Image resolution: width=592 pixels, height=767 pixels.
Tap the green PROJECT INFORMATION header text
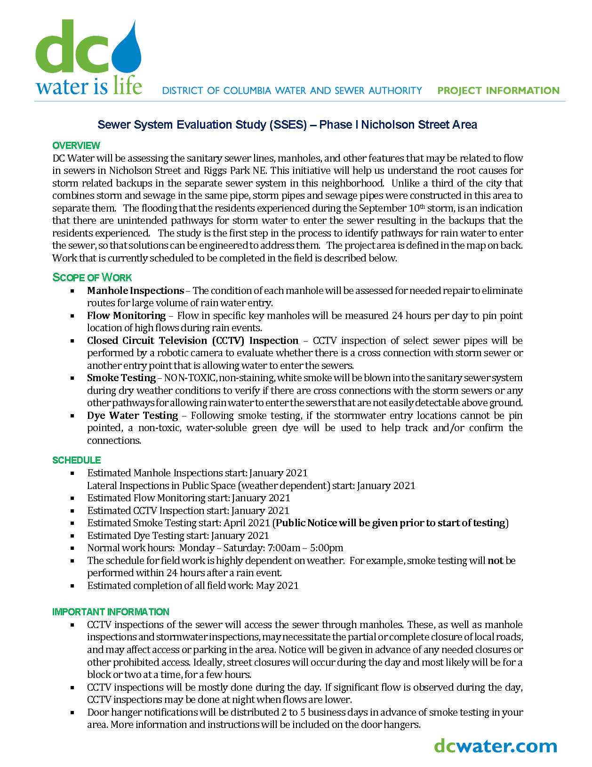tap(498, 90)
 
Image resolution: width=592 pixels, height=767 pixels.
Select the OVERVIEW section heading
tap(76, 146)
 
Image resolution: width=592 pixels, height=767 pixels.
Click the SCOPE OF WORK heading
tap(92, 277)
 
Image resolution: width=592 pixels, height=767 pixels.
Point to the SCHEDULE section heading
tap(77, 460)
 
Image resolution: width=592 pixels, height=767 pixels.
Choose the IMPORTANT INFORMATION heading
tap(111, 612)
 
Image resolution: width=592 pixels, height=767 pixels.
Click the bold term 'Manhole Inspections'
tap(136, 291)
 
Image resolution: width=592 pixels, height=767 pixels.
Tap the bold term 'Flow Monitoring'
tap(126, 316)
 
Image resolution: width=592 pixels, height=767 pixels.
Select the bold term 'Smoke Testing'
tap(121, 378)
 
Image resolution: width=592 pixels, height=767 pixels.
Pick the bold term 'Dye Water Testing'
tap(132, 416)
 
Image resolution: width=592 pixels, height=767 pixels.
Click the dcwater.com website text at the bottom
tap(496, 746)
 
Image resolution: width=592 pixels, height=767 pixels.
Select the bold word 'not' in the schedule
tap(495, 561)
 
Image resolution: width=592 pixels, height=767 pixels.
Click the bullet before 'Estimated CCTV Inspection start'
tap(72, 511)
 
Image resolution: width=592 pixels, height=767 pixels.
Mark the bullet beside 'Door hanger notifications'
tap(72, 712)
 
